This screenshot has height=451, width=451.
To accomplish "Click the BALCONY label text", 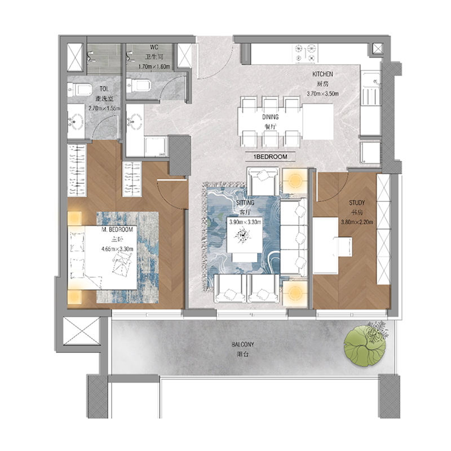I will point(242,344).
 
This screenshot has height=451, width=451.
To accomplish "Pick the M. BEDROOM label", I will point(117,230).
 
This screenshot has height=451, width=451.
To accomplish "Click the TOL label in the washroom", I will point(105,89).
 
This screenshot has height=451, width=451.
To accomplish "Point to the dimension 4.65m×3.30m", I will point(117,248).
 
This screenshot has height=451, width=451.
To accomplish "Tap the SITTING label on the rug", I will point(244,202).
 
